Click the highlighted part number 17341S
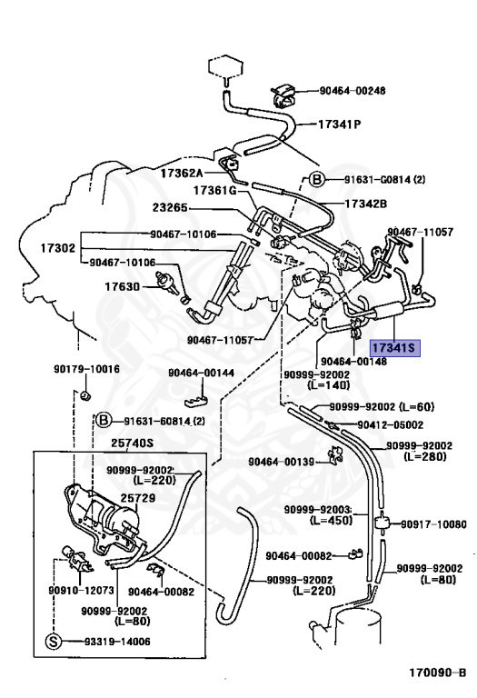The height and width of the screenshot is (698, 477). (394, 348)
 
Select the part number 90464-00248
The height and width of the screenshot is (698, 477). (353, 91)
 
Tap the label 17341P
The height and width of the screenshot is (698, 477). (339, 125)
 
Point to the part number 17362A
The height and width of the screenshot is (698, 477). (182, 174)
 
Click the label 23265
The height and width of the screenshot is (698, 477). (171, 208)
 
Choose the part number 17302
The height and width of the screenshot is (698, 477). (58, 248)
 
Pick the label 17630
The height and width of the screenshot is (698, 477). (123, 286)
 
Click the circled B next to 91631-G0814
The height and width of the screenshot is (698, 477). (317, 180)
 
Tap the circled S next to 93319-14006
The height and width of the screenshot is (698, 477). (53, 642)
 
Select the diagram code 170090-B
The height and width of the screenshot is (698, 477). (438, 673)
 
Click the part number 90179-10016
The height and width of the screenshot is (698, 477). (86, 369)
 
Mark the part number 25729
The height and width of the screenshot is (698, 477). (138, 498)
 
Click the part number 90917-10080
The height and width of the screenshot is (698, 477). (433, 524)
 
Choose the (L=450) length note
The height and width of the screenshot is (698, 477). (331, 521)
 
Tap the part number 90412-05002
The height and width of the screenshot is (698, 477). (391, 425)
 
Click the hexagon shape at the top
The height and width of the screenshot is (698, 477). (225, 66)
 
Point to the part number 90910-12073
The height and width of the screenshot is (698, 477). (82, 590)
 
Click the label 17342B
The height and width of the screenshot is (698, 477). (366, 204)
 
